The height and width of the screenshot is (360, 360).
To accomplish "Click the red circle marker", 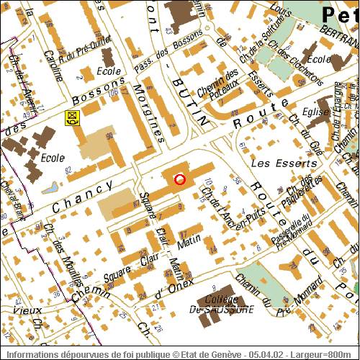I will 180,179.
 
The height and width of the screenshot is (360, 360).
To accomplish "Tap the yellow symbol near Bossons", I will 71,117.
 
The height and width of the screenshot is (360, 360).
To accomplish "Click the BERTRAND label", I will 338,33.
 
